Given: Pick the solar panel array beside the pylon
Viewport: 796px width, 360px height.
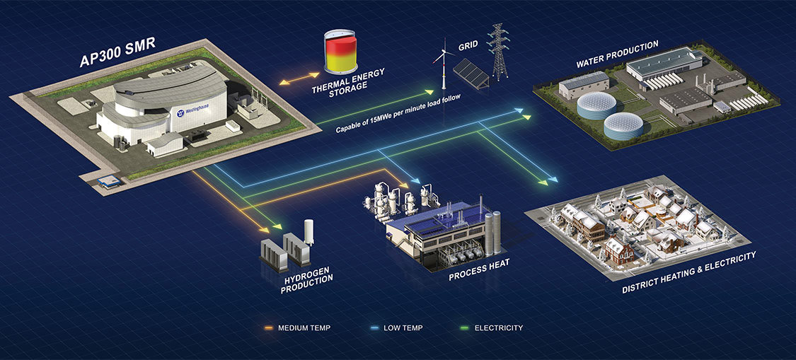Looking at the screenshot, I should [470, 73].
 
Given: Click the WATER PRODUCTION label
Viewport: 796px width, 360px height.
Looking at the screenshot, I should [617, 54].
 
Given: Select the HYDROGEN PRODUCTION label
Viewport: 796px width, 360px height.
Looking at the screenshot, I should [308, 274].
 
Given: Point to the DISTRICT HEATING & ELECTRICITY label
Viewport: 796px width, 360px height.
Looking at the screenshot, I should [689, 272].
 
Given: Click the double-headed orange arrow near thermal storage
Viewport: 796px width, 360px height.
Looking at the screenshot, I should [298, 79].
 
